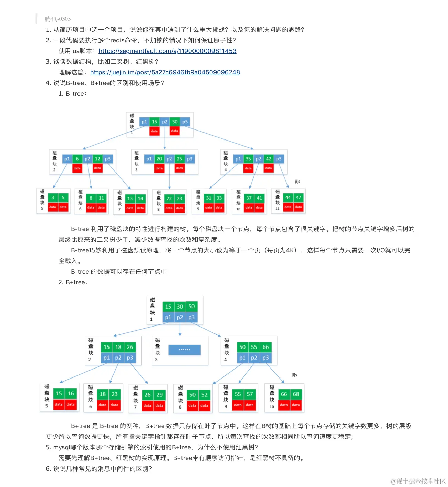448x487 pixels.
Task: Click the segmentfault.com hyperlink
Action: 167,51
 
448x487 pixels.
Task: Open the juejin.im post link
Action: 165,72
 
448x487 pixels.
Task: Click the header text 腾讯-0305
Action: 58,19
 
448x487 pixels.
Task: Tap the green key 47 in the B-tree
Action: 299,197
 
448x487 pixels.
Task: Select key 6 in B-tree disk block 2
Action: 77,159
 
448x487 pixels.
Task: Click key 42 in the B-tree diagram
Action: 269,159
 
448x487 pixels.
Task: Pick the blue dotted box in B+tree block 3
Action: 185,350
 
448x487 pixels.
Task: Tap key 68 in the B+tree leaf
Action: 296,394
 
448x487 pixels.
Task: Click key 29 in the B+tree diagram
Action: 159,395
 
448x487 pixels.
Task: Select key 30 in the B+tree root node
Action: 180,307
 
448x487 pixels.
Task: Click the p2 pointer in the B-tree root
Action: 165,122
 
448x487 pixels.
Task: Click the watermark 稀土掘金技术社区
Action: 418,481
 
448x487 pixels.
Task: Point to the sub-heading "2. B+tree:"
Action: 73,282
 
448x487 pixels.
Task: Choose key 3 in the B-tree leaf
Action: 53,197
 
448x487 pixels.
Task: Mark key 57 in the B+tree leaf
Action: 250,394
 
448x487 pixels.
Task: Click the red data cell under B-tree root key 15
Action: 154,131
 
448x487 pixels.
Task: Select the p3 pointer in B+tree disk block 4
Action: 265,358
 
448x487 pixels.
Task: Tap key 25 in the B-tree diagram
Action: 179,159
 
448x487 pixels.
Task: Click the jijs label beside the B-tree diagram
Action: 298,181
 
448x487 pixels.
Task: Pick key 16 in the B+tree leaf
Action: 71,393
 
